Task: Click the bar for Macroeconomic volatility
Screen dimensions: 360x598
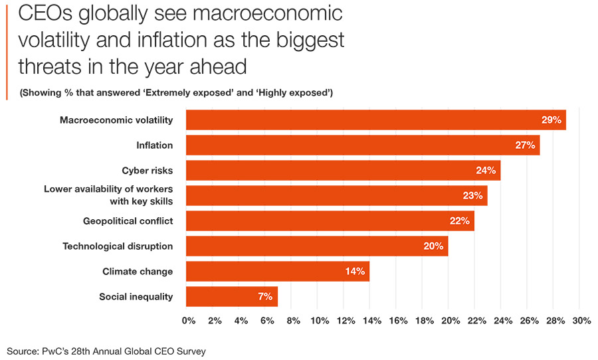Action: point(375,120)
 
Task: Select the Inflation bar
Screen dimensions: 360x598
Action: point(362,145)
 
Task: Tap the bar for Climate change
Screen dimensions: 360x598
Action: point(277,272)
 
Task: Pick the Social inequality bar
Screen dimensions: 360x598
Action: point(231,297)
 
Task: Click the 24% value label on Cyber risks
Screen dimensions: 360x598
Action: point(486,171)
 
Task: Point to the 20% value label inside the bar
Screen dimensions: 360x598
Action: point(433,246)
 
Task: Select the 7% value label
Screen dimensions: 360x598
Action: point(265,297)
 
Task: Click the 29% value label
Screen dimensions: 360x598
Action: point(551,120)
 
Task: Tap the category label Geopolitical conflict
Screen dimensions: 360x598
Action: point(128,221)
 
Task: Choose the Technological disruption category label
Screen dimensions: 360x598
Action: point(118,246)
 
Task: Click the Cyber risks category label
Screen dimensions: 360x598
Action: point(147,171)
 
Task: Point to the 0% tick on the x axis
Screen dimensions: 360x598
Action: point(189,321)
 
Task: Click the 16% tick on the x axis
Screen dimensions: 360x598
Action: point(398,321)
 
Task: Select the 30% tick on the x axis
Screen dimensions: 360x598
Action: point(581,321)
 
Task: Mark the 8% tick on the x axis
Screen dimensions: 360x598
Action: point(293,321)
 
